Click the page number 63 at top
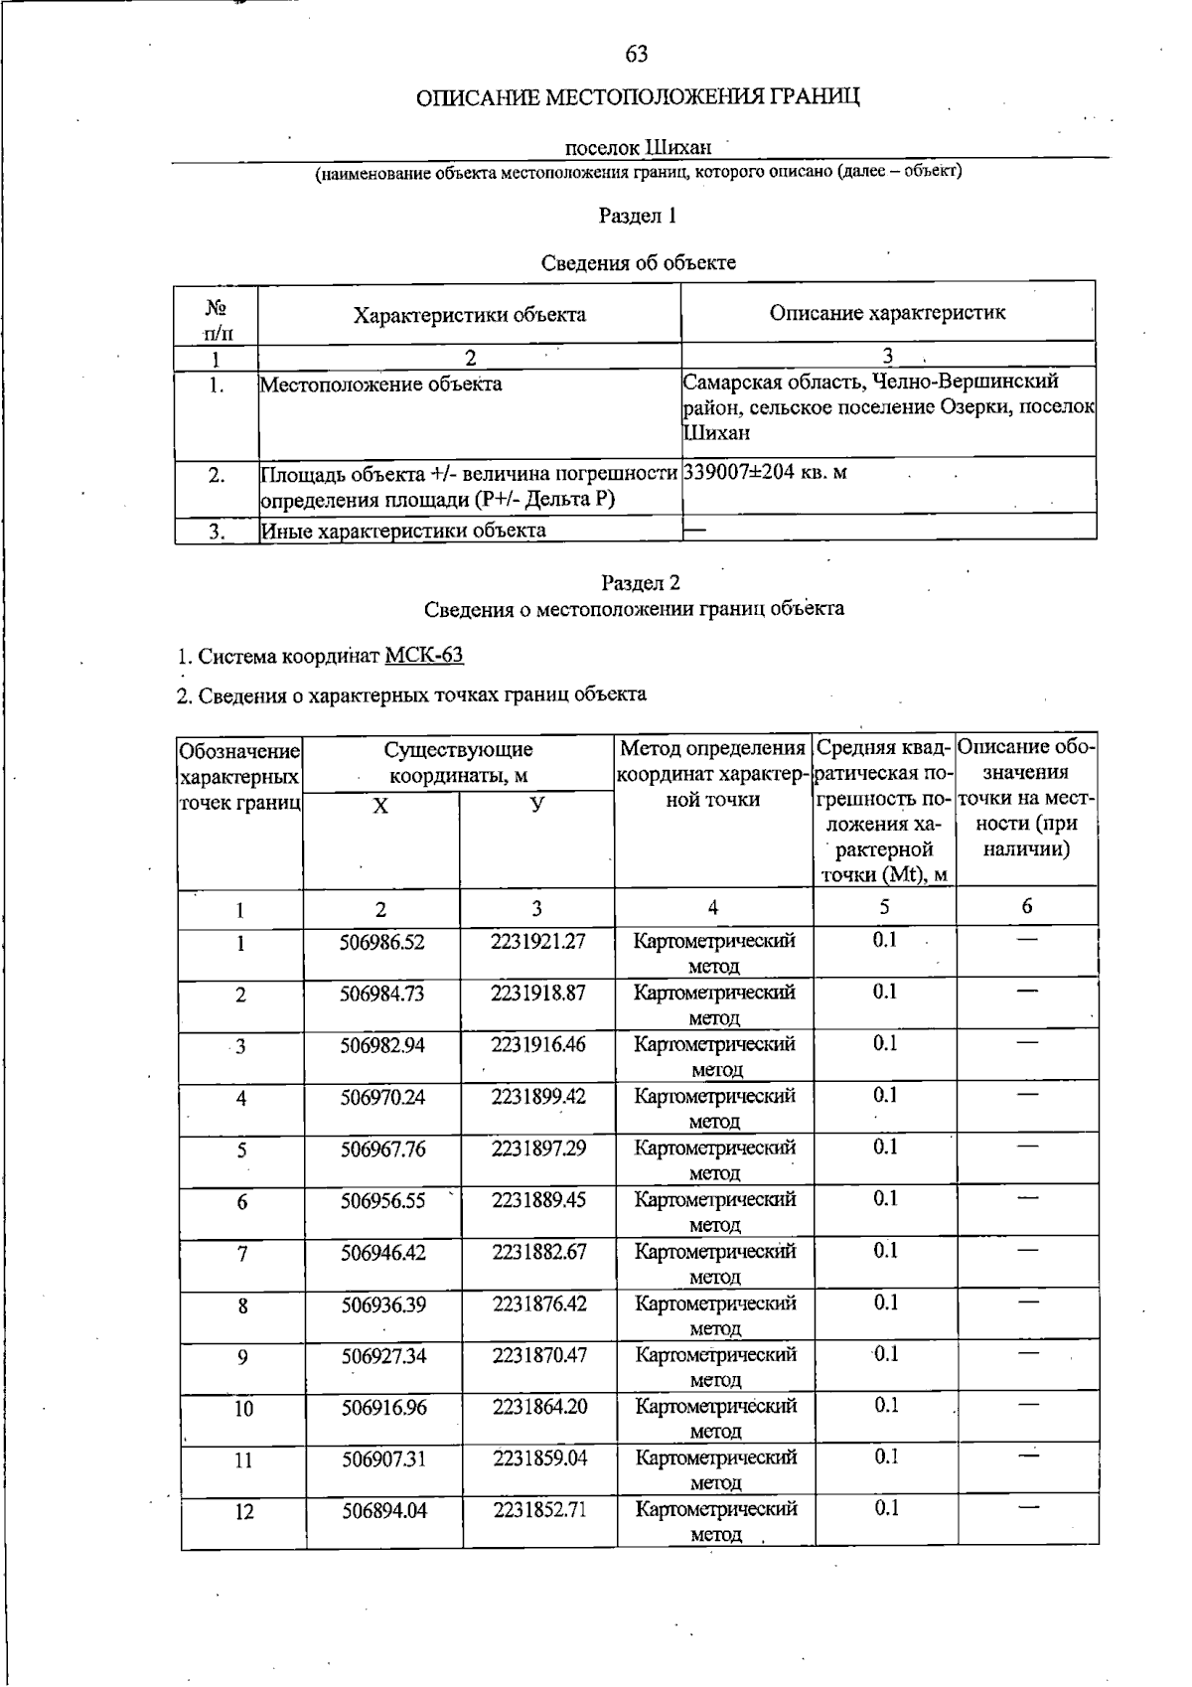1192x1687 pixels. tap(637, 54)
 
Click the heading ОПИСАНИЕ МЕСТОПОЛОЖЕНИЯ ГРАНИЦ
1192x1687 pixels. tap(637, 97)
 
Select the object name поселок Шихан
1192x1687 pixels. tap(638, 148)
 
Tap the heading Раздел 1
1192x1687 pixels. tap(638, 216)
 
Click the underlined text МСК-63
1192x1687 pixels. tap(424, 656)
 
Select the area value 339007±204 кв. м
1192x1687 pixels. tap(765, 472)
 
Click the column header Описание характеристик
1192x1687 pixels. tap(887, 313)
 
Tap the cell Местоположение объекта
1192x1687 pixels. tap(380, 384)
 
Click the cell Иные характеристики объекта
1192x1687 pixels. tap(403, 531)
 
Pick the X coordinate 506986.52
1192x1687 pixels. tap(382, 942)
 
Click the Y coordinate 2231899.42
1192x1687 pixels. tap(538, 1097)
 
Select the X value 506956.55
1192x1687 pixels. tap(383, 1201)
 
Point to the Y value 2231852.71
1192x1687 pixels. tap(539, 1510)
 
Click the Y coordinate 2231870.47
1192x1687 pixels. tap(539, 1355)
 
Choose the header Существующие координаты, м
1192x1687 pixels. tap(458, 762)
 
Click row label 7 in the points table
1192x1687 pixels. tap(242, 1254)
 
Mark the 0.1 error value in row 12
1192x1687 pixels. tap(886, 1509)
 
